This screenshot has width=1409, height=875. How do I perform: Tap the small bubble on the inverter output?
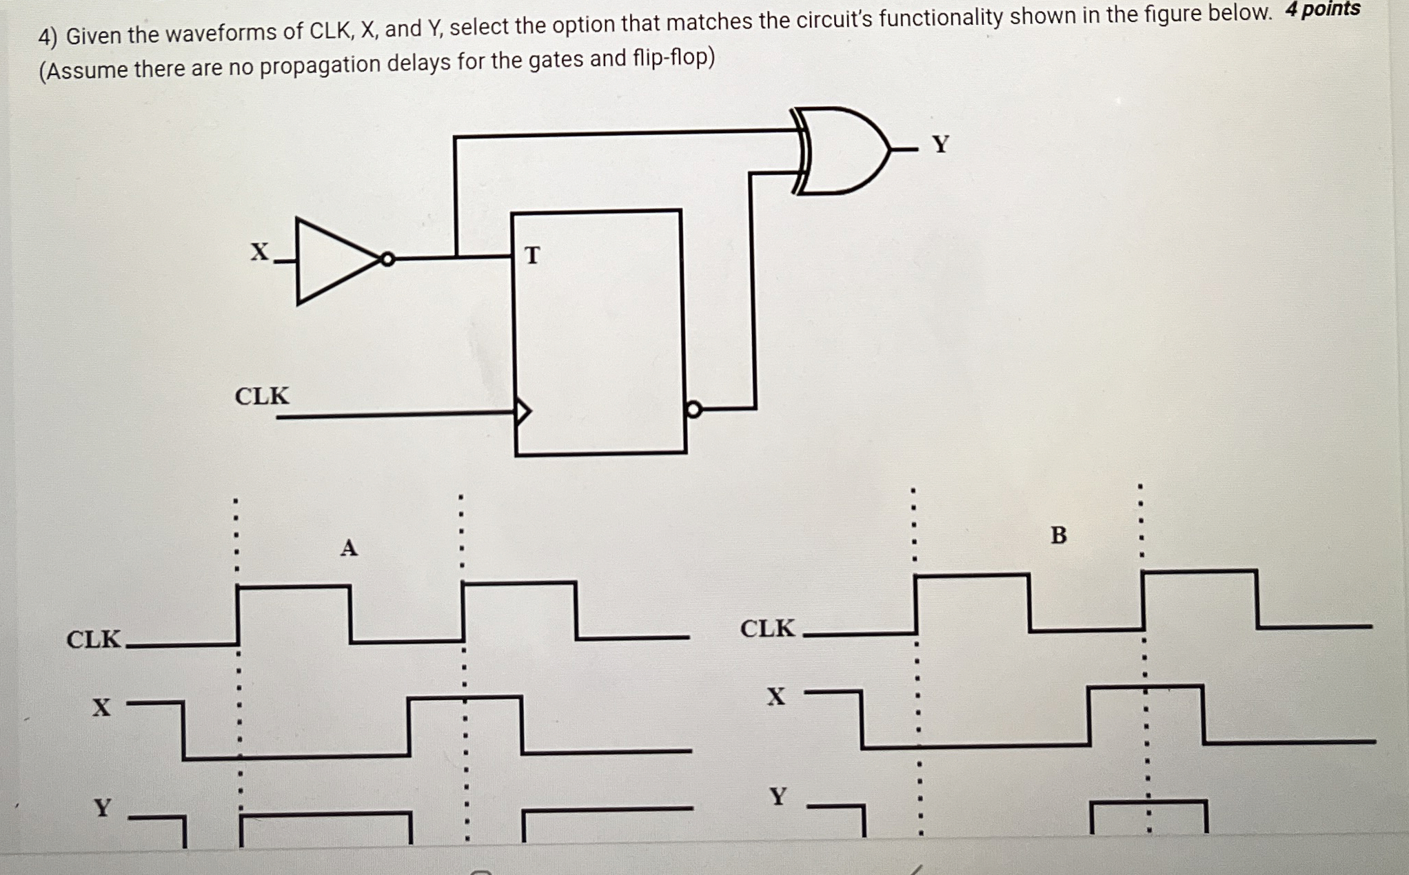click(x=388, y=259)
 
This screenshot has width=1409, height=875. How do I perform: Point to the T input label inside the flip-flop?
click(x=531, y=256)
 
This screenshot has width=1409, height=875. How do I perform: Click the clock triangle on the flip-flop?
click(x=523, y=411)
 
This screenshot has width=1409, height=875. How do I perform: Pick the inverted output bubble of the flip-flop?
click(x=693, y=410)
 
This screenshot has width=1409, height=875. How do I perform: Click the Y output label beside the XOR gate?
click(x=940, y=144)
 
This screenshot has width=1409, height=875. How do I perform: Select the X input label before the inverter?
click(x=259, y=252)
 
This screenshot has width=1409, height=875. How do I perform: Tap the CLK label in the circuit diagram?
click(x=262, y=396)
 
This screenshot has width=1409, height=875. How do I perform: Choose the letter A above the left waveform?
click(x=349, y=548)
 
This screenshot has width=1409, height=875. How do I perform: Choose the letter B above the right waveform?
click(x=1058, y=535)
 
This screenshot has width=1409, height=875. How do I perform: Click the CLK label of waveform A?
click(x=94, y=639)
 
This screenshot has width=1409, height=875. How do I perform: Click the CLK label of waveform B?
click(x=767, y=628)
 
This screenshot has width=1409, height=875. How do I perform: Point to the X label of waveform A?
click(x=101, y=707)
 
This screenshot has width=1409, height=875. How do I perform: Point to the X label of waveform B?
click(x=776, y=697)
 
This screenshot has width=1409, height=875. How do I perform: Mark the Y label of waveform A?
click(x=103, y=807)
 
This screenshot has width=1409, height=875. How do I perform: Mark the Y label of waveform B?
click(x=778, y=796)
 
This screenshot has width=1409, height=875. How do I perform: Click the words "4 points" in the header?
click(x=1322, y=10)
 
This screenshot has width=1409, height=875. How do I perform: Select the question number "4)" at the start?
click(x=48, y=37)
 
